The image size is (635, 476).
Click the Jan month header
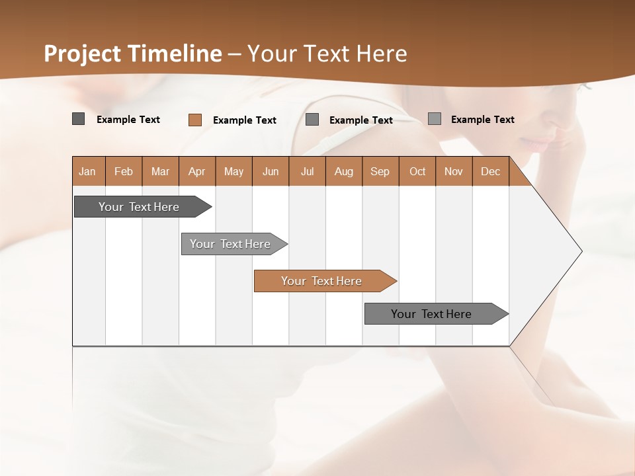point(87,171)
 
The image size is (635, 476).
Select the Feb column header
point(124,171)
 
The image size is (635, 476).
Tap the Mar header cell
point(160,171)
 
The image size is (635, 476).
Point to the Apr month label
point(197,171)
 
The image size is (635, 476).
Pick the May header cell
point(233,171)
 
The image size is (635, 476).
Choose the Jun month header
point(271,171)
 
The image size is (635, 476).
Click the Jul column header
point(307,171)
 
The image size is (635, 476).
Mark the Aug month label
point(344,171)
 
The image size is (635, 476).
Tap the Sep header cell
point(380,171)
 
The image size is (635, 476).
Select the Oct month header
point(417,171)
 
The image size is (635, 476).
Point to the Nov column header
point(454,171)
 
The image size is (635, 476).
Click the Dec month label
point(490,171)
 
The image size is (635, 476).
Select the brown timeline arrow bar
point(324,281)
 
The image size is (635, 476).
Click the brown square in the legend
point(195,120)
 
